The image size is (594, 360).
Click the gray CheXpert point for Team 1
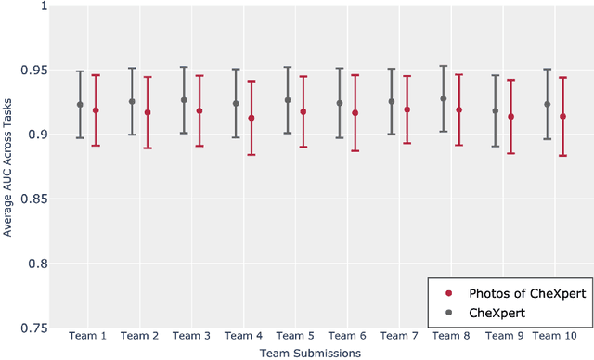(80, 105)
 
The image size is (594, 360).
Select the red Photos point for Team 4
(251, 118)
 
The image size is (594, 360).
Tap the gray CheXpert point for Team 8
(444, 98)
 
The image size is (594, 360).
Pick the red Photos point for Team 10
(562, 117)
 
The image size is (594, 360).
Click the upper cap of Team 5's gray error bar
(288, 67)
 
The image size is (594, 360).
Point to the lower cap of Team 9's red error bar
(510, 153)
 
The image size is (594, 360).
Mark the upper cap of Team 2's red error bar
(147, 77)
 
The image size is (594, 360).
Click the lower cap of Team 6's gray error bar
(340, 138)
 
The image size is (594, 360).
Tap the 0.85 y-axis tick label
(32, 199)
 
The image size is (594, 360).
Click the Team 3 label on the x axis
(192, 336)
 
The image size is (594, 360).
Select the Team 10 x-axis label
(556, 336)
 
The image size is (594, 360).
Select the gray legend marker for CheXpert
(447, 313)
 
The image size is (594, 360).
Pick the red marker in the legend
(447, 293)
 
